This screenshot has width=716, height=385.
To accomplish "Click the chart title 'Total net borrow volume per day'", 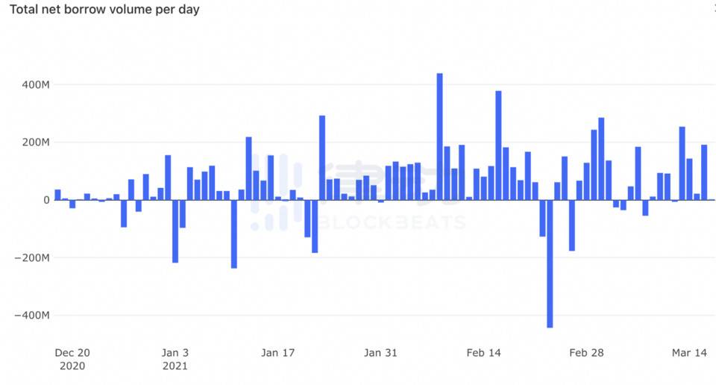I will click(x=104, y=10).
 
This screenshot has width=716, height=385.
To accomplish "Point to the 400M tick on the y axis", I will click(x=35, y=84).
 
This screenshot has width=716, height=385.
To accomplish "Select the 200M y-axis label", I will click(x=35, y=143).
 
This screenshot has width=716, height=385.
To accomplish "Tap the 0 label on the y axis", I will click(x=46, y=200).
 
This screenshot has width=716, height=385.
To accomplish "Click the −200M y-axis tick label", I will click(x=32, y=258).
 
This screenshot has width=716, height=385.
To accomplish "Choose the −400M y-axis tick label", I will click(x=32, y=316).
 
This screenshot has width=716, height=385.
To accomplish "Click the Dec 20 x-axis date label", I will click(x=72, y=353).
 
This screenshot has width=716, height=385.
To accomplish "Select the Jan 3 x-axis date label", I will click(x=175, y=353).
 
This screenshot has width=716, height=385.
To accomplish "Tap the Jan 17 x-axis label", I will click(x=278, y=353).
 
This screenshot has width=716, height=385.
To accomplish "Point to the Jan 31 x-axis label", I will click(x=380, y=353).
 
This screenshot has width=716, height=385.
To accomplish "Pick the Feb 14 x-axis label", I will click(x=483, y=353).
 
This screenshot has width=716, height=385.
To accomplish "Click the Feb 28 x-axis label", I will click(x=586, y=353).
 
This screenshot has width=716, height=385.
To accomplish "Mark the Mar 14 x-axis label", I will click(x=689, y=353).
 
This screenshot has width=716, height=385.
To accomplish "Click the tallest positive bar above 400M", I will click(x=439, y=137).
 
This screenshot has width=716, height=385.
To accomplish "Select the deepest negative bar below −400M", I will click(x=550, y=263).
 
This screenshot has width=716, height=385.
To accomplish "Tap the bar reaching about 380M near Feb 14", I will click(x=498, y=145).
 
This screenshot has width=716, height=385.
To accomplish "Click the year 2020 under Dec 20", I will click(x=72, y=366).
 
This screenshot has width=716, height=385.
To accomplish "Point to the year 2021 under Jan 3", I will click(x=175, y=366).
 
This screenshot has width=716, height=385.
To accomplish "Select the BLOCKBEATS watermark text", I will click(x=392, y=222).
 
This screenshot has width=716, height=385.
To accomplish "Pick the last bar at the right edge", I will click(x=704, y=172).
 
